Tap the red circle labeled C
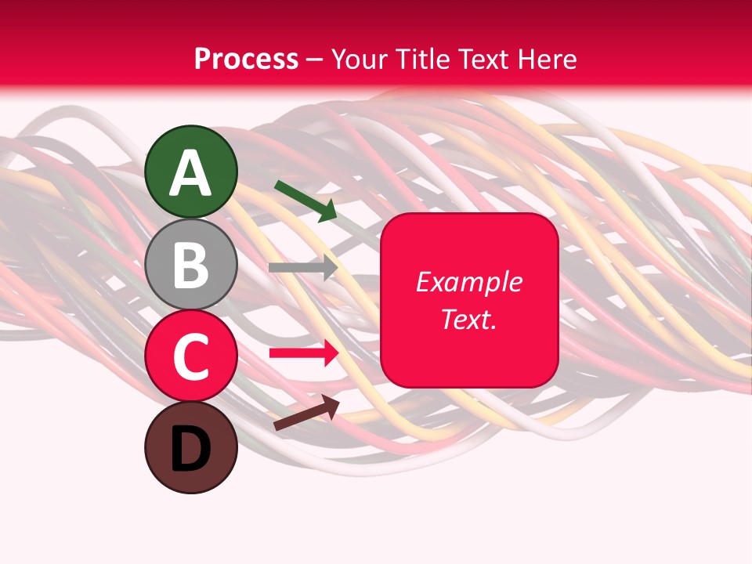click(x=191, y=356)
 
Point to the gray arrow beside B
click(x=302, y=268)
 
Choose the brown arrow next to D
click(x=306, y=413)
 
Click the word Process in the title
click(x=246, y=59)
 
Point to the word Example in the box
click(x=468, y=282)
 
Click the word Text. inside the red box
click(x=468, y=319)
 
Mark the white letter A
click(x=191, y=172)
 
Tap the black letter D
click(x=191, y=449)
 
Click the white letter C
click(x=191, y=356)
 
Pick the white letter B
click(x=191, y=265)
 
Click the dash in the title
click(x=315, y=60)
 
